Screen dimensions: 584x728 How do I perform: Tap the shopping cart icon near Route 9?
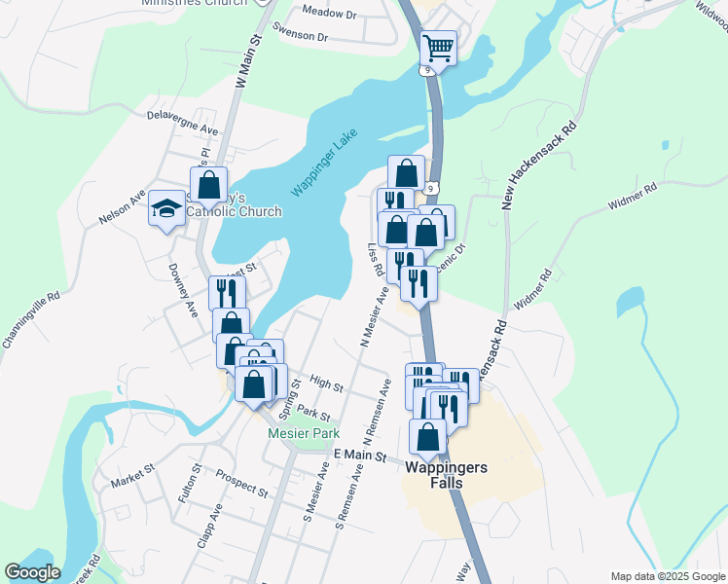click(439, 47)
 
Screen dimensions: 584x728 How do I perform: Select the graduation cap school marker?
click(166, 208)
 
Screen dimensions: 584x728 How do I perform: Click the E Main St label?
click(360, 456)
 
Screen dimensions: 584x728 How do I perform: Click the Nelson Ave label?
click(122, 207)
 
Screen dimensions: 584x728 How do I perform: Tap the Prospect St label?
click(241, 483)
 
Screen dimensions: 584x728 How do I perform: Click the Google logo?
click(32, 572)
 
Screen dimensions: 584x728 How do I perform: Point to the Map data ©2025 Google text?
click(668, 576)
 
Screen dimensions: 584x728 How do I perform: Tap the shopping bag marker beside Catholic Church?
click(209, 183)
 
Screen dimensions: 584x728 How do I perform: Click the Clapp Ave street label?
click(209, 526)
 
